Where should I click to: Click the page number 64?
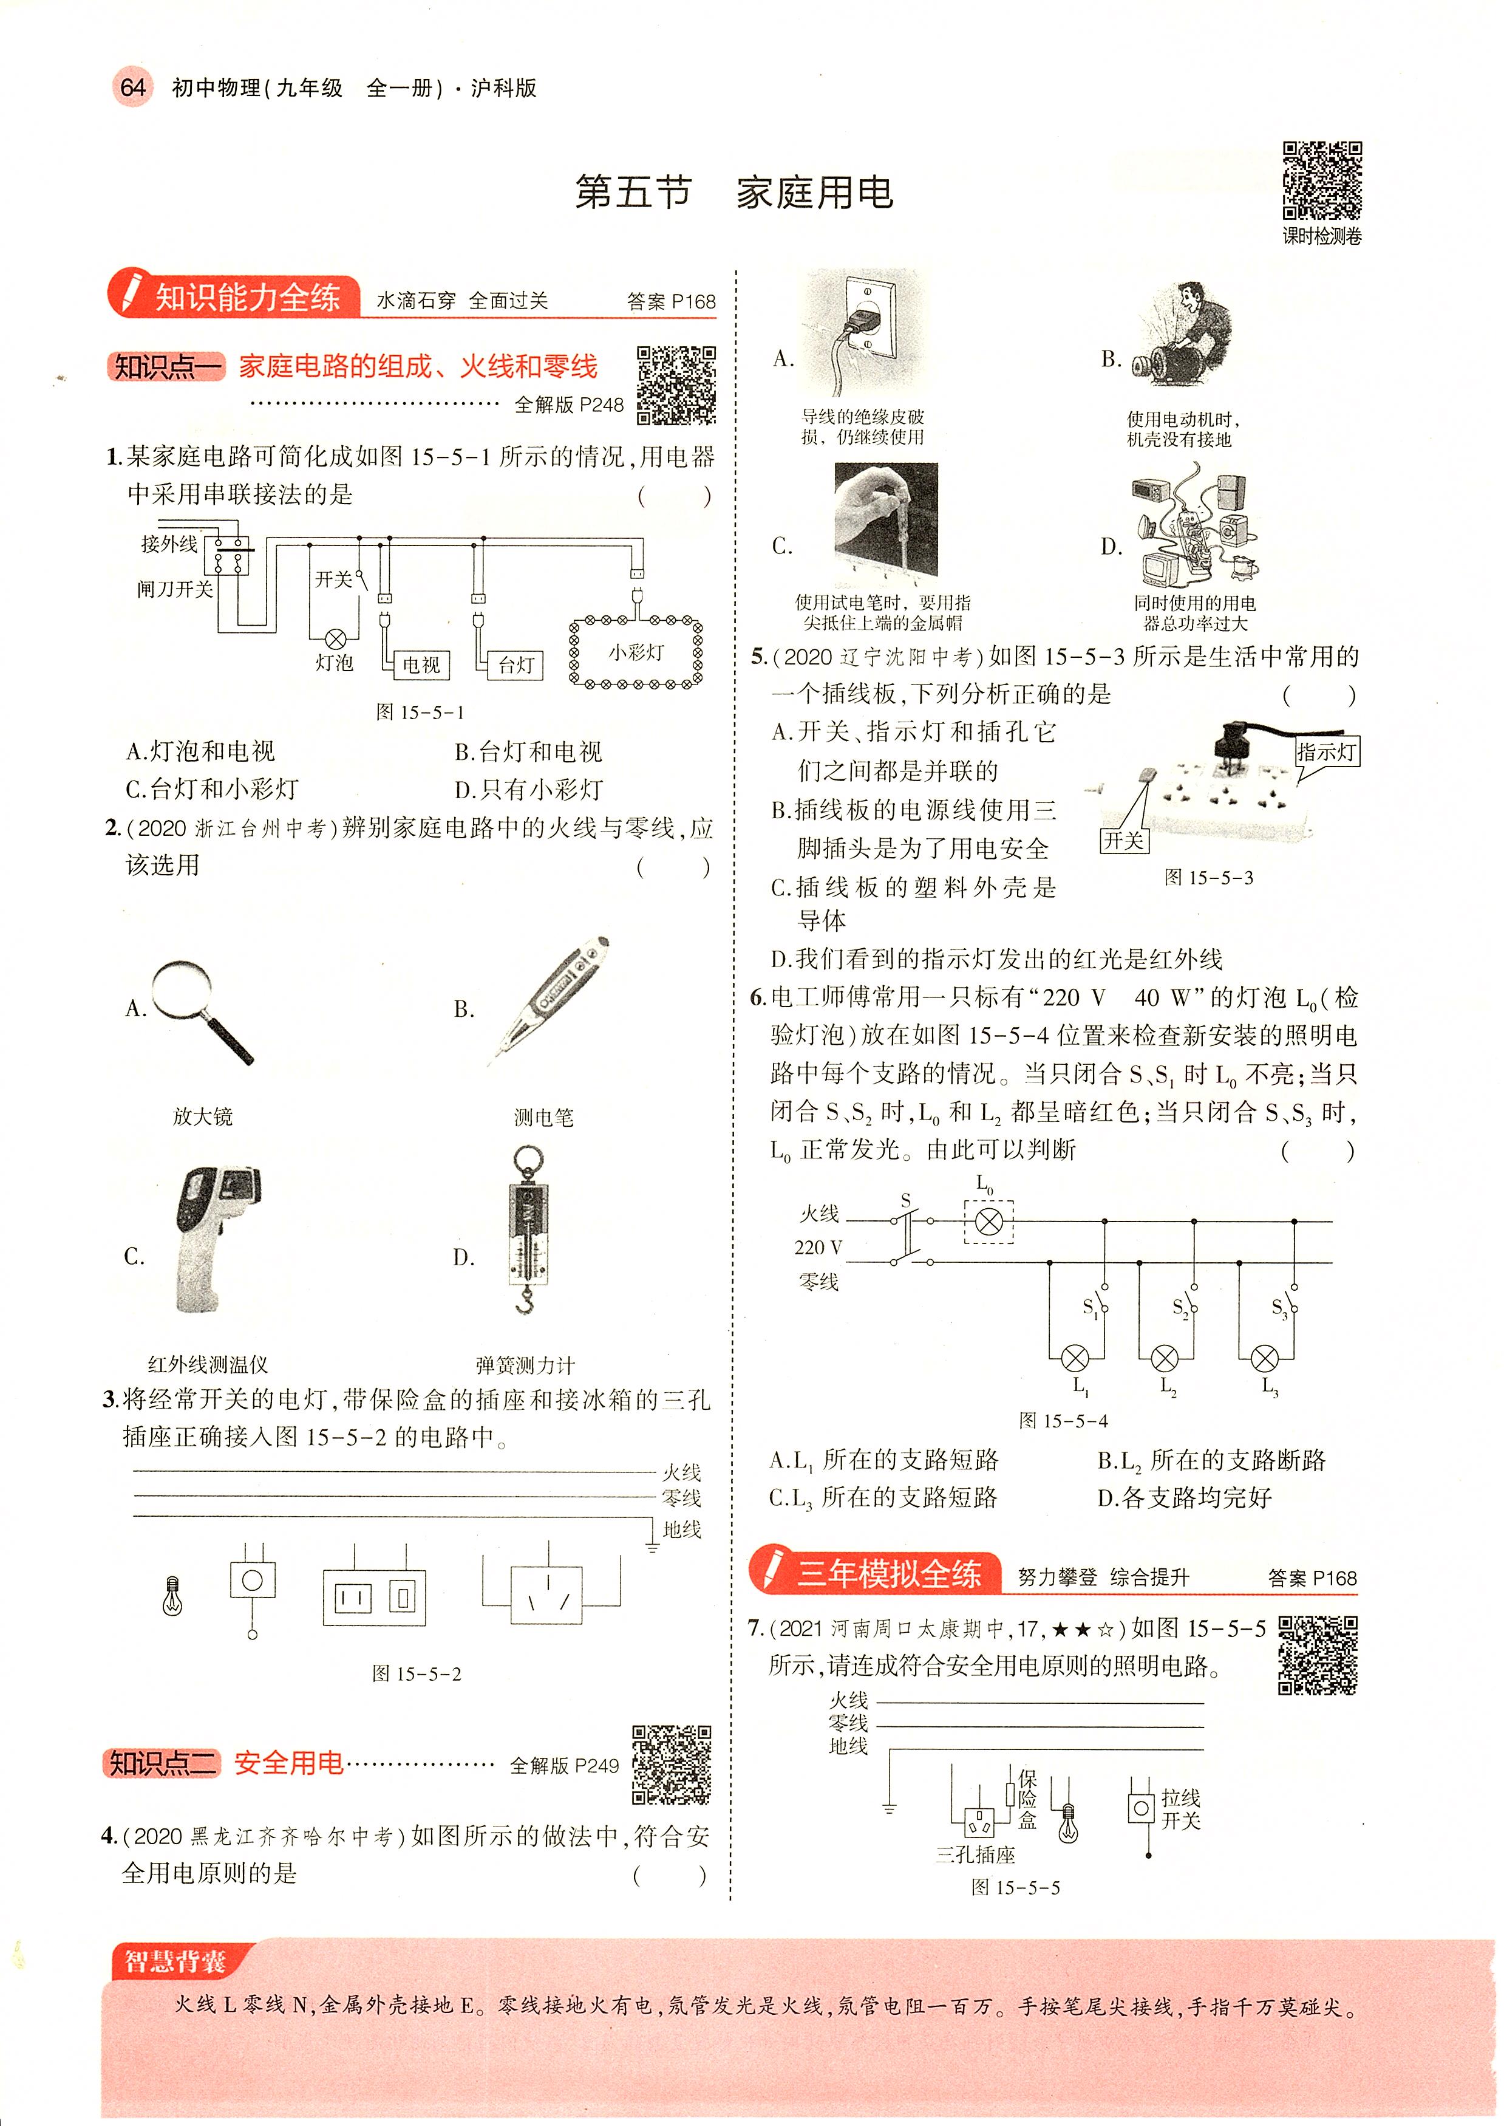point(132,88)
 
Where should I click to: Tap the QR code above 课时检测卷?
point(1322,180)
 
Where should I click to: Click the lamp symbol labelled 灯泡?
point(335,639)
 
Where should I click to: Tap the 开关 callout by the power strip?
point(1123,840)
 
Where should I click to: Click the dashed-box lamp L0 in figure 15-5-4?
point(989,1221)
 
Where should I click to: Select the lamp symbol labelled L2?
point(1164,1359)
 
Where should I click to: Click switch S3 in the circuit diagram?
point(1287,1305)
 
